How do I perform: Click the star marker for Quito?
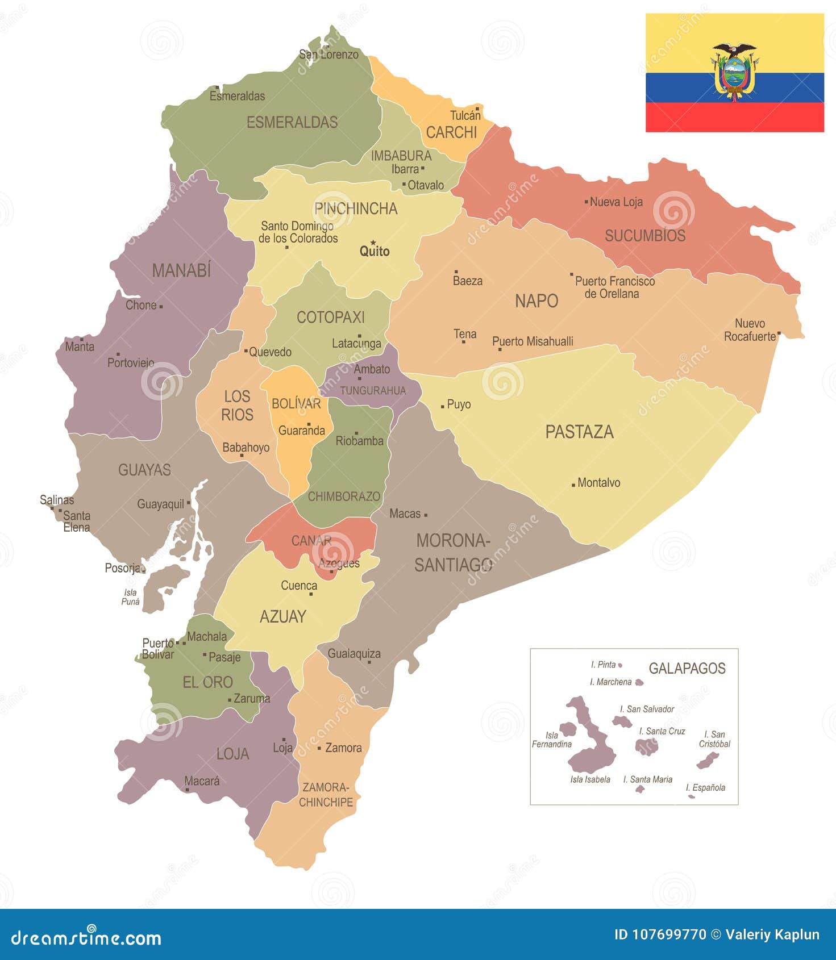point(373,243)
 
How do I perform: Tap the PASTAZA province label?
point(579,432)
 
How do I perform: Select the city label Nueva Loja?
point(616,202)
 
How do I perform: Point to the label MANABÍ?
point(181,270)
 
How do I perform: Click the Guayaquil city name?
point(161,504)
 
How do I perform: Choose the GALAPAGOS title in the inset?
point(687,668)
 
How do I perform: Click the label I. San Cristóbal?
point(715,739)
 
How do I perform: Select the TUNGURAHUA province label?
point(373,391)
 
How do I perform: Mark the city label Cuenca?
point(299,586)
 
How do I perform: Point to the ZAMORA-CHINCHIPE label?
point(326,795)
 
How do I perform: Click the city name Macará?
point(202,781)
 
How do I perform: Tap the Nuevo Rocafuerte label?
point(750,330)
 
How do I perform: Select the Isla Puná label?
point(130,597)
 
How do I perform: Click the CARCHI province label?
point(451,132)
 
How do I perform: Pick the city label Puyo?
point(459,404)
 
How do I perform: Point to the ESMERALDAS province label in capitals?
point(292,122)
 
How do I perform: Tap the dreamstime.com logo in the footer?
point(86,938)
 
